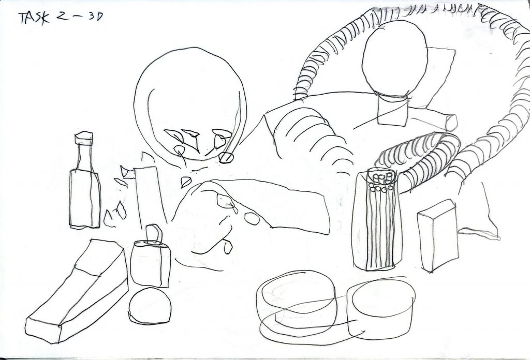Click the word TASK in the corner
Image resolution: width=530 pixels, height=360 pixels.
34,18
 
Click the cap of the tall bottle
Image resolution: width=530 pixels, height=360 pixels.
83,138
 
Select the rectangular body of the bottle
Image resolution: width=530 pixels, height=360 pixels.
85,199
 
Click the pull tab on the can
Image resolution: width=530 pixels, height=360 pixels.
154,233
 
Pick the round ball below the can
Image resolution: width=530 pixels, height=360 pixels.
150,306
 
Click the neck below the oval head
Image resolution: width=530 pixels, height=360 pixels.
392,111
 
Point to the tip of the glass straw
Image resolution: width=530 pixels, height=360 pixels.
226,158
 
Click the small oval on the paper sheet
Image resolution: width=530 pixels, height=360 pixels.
252,218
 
